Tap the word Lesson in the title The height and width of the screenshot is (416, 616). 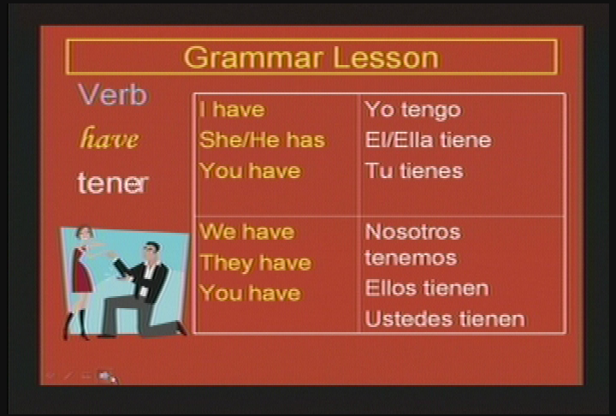(386, 58)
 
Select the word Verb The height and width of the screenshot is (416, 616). (113, 94)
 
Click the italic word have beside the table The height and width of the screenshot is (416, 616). (110, 138)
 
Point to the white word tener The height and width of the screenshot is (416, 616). (113, 183)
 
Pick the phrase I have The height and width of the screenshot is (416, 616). (232, 110)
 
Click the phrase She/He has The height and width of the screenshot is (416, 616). (263, 140)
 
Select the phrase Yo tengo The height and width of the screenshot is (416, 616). (413, 110)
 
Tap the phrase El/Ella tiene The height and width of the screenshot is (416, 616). (429, 140)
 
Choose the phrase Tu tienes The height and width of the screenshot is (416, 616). (414, 170)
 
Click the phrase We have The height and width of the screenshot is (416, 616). (247, 232)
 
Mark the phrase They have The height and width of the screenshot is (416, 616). (256, 263)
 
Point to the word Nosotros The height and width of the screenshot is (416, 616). (413, 232)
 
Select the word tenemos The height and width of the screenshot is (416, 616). (411, 258)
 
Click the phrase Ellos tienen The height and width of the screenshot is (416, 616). (427, 288)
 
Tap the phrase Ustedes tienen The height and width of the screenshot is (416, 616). (445, 318)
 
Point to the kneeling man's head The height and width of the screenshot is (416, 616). (151, 252)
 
